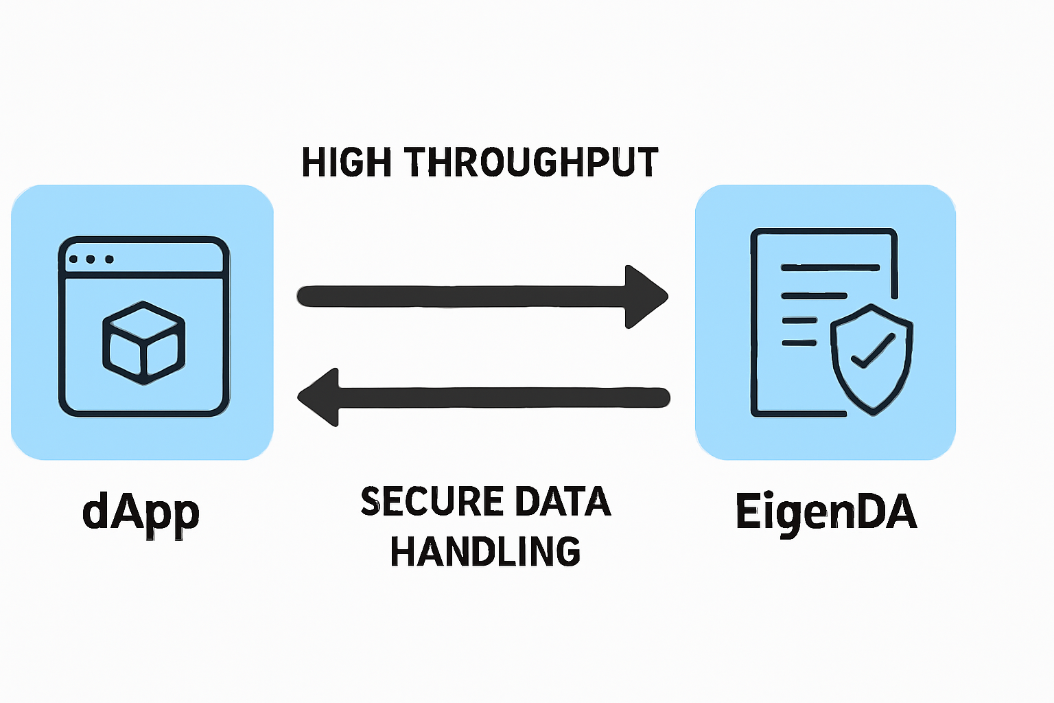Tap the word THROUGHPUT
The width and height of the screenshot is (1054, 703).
(x=531, y=163)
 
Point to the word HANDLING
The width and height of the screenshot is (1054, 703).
(x=485, y=551)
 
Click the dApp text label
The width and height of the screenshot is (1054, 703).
(x=141, y=513)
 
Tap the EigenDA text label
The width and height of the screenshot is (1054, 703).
(x=825, y=512)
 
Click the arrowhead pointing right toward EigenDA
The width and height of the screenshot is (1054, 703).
(x=645, y=297)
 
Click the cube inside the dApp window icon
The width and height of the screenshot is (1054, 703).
(x=143, y=343)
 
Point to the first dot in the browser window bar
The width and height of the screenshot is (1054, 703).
(x=73, y=259)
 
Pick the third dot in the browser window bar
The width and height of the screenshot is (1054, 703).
(x=109, y=259)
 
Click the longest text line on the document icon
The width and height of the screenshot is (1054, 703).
(x=830, y=268)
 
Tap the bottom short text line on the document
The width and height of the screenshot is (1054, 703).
(x=799, y=342)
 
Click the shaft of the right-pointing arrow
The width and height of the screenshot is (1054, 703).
(x=460, y=297)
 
